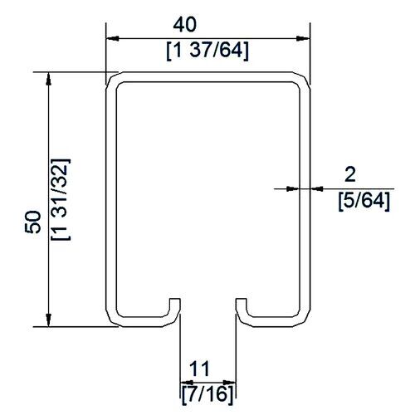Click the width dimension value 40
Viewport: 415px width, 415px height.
(185, 24)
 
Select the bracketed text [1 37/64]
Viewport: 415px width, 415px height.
(207, 51)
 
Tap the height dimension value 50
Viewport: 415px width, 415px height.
(33, 222)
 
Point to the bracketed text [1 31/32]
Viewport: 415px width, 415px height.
(61, 199)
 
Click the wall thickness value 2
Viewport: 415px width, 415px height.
(350, 175)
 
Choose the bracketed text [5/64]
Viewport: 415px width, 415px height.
(364, 201)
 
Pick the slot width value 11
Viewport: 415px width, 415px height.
(199, 369)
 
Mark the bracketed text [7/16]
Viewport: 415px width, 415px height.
(207, 394)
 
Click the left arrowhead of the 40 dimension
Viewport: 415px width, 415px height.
(113, 38)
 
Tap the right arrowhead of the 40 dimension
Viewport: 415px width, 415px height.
(303, 38)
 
